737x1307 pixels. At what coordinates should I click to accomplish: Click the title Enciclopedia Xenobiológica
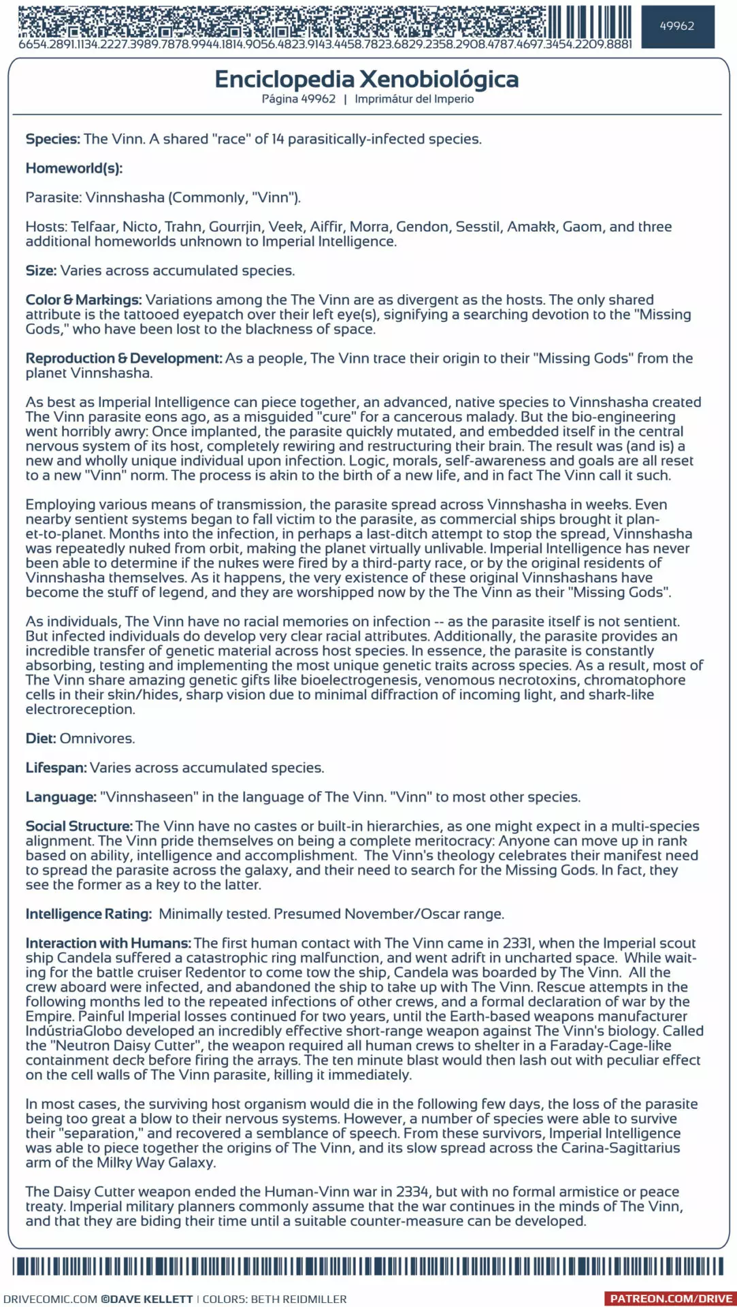pos(366,80)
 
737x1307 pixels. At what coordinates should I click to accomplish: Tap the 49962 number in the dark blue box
pos(677,27)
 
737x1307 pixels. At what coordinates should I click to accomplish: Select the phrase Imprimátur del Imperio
pos(414,99)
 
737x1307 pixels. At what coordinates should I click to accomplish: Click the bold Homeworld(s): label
pos(74,168)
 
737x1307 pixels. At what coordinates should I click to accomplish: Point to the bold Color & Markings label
pos(84,300)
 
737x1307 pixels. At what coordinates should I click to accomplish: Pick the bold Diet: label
pos(41,739)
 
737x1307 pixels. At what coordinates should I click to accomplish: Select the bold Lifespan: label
pos(56,768)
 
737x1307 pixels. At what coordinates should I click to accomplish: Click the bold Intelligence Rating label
pos(88,914)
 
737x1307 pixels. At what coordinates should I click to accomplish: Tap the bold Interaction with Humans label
pos(108,943)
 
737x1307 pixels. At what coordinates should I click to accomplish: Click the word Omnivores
pos(97,739)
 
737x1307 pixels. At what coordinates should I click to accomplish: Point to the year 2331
pos(517,943)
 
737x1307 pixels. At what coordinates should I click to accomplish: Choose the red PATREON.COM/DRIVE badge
pos(670,1299)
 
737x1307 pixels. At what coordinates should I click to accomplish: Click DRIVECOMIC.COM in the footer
pos(50,1299)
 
